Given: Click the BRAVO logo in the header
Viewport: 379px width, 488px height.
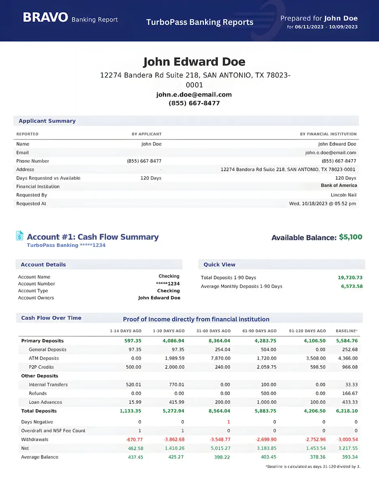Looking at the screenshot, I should click(45, 17).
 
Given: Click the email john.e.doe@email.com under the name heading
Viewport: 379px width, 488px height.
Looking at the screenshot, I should click(194, 95).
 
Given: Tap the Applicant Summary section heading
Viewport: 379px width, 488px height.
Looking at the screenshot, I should click(47, 121).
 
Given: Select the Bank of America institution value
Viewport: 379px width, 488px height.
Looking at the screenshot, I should click(339, 185).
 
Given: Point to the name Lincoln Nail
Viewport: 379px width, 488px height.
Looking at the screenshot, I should click(343, 195).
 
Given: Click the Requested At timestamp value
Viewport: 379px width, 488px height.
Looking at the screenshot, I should click(323, 204).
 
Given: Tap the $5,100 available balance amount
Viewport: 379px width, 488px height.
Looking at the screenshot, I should click(351, 237).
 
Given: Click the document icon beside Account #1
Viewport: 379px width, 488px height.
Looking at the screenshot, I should click(19, 236).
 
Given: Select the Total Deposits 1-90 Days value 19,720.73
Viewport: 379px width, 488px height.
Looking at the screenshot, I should click(350, 278).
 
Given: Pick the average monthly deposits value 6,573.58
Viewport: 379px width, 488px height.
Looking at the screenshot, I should click(351, 286).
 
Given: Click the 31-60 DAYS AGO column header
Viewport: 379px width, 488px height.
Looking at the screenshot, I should click(213, 331).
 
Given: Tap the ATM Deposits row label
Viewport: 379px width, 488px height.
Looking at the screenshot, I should click(44, 358).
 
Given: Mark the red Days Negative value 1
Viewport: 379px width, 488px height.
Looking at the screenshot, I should click(228, 422).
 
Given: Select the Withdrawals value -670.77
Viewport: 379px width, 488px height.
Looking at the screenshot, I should click(132, 440).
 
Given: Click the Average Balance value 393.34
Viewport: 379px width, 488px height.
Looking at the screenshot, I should click(349, 457).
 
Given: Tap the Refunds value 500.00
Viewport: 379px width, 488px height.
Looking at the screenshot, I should click(268, 393).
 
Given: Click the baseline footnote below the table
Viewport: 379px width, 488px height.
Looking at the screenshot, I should click(312, 466).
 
